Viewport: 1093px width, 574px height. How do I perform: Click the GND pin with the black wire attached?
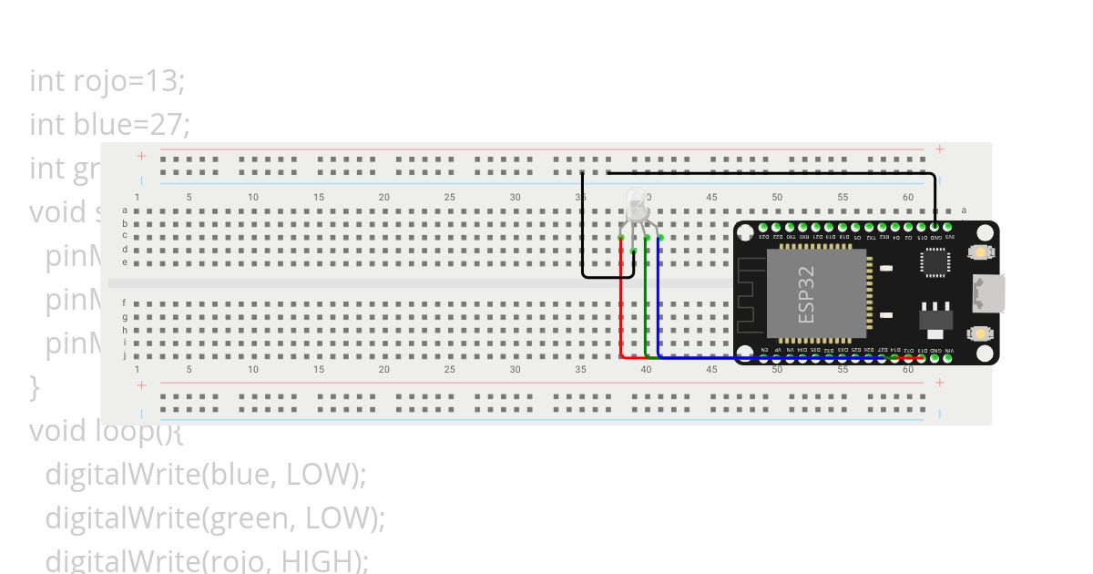pyautogui.click(x=935, y=226)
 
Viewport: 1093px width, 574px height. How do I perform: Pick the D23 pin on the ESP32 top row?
pyautogui.click(x=763, y=227)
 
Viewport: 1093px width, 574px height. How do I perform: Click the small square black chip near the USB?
pyautogui.click(x=935, y=262)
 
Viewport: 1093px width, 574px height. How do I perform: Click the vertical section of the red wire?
pyautogui.click(x=621, y=301)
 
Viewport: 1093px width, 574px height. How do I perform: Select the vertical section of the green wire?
pyautogui.click(x=646, y=301)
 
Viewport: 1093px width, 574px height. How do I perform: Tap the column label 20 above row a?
pyautogui.click(x=384, y=197)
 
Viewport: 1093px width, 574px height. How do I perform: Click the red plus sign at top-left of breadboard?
pyautogui.click(x=141, y=156)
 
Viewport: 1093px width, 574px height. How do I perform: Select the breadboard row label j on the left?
pyautogui.click(x=125, y=356)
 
